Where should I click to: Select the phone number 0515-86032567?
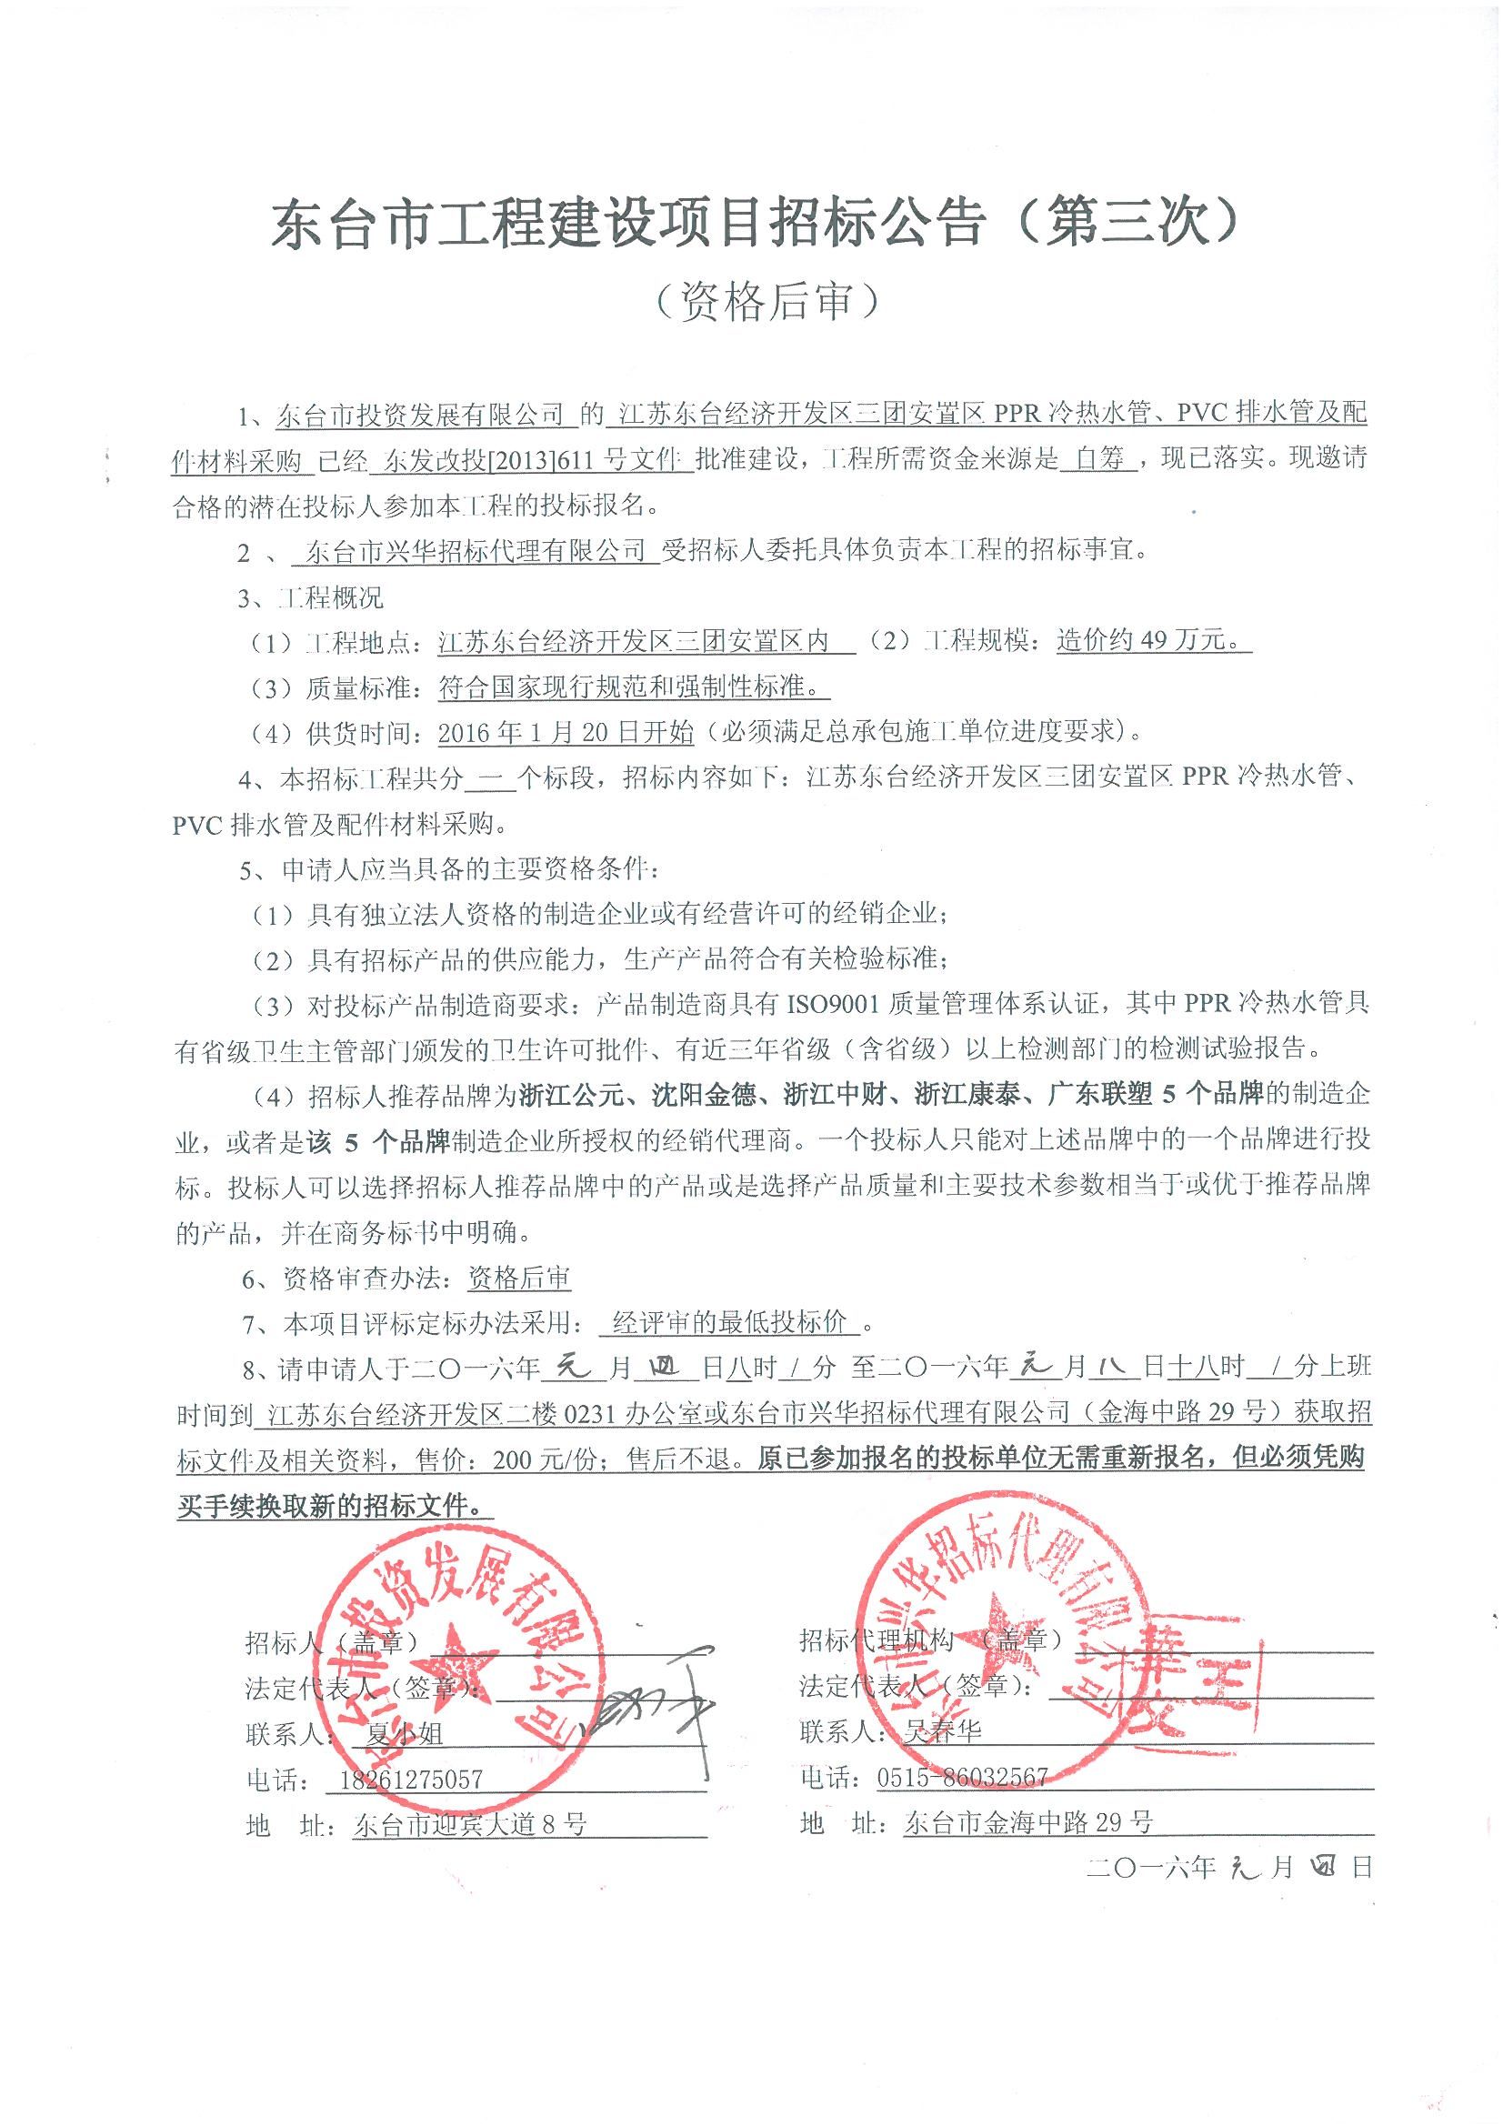pos(962,1776)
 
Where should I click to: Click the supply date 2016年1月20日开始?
pos(566,732)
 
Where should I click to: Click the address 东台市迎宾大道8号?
pos(469,1823)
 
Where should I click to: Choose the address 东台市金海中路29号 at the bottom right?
pos(1028,1822)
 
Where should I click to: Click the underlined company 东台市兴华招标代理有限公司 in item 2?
pos(475,552)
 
